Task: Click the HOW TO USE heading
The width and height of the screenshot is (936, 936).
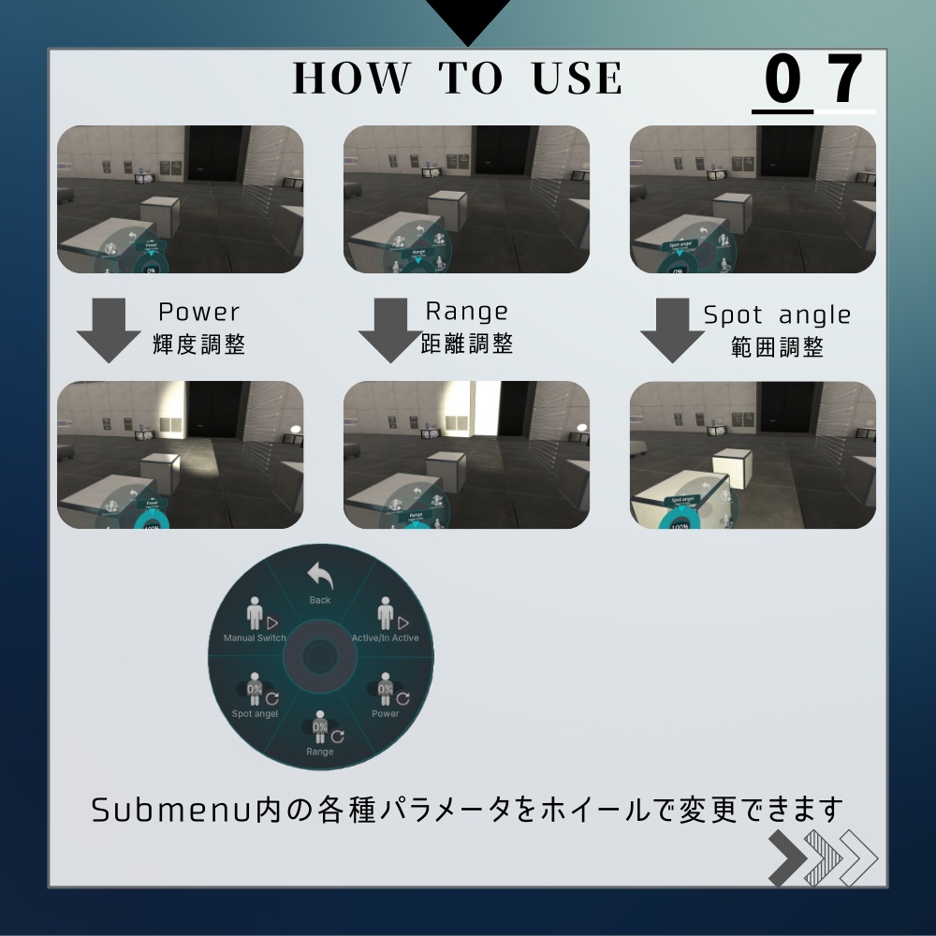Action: [x=458, y=79]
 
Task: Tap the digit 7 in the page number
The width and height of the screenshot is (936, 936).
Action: [x=845, y=80]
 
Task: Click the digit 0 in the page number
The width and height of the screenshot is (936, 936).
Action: [x=782, y=80]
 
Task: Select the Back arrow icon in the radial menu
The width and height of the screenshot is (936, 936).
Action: [x=320, y=577]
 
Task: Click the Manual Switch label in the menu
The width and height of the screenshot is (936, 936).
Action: [x=255, y=638]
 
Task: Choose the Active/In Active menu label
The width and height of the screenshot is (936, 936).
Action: [x=385, y=638]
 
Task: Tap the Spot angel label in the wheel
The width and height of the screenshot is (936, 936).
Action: [x=255, y=714]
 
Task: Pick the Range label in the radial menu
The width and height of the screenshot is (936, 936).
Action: [x=319, y=752]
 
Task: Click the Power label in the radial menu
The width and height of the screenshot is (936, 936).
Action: [x=385, y=714]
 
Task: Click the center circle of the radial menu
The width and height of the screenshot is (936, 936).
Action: [x=320, y=655]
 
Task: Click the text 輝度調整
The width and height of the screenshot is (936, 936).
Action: [x=198, y=344]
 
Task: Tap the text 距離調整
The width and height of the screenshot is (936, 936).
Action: [x=466, y=344]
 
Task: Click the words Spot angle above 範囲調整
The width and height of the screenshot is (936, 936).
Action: [x=777, y=315]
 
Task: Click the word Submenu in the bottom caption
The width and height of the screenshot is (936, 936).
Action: [x=171, y=810]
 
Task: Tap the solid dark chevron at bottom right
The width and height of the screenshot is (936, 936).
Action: [x=788, y=857]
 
